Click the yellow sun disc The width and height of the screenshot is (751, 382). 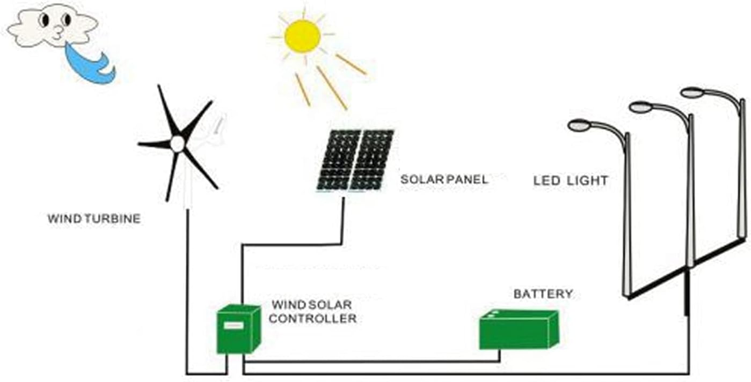[x=302, y=36]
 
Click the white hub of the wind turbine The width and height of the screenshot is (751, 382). [x=177, y=144]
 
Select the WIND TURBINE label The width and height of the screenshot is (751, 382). [x=94, y=219]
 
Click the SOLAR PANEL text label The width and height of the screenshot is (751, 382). [x=444, y=180]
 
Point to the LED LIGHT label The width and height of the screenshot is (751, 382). [x=570, y=181]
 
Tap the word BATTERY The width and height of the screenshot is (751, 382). [x=543, y=294]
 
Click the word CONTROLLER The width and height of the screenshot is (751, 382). [x=312, y=319]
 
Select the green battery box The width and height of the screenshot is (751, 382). [x=518, y=330]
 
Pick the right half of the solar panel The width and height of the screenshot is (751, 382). [x=371, y=160]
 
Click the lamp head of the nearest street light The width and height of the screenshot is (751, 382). [x=579, y=126]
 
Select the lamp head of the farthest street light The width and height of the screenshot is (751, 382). [x=692, y=92]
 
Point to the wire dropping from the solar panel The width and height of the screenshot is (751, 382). [x=342, y=220]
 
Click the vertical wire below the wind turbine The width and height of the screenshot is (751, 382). [x=187, y=290]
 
